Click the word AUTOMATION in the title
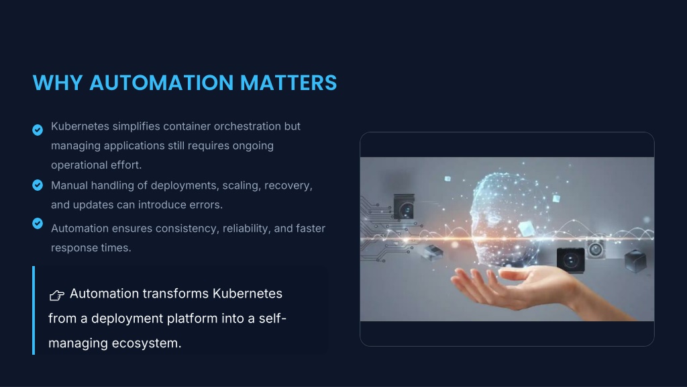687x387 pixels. coord(161,83)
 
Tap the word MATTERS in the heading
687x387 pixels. coord(288,83)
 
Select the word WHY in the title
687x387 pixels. coord(58,83)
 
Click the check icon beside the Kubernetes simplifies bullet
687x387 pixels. coord(38,130)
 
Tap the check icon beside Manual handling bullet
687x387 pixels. coord(38,185)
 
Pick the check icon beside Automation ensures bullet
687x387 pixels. coord(38,223)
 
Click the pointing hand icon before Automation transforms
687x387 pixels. coord(57,295)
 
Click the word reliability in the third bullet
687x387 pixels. coord(246,228)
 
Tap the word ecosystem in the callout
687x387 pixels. coord(146,343)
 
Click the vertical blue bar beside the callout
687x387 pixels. coord(34,310)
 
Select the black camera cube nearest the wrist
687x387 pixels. coord(570,260)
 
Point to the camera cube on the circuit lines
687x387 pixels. coord(404,207)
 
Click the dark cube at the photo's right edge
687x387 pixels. coord(635,261)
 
